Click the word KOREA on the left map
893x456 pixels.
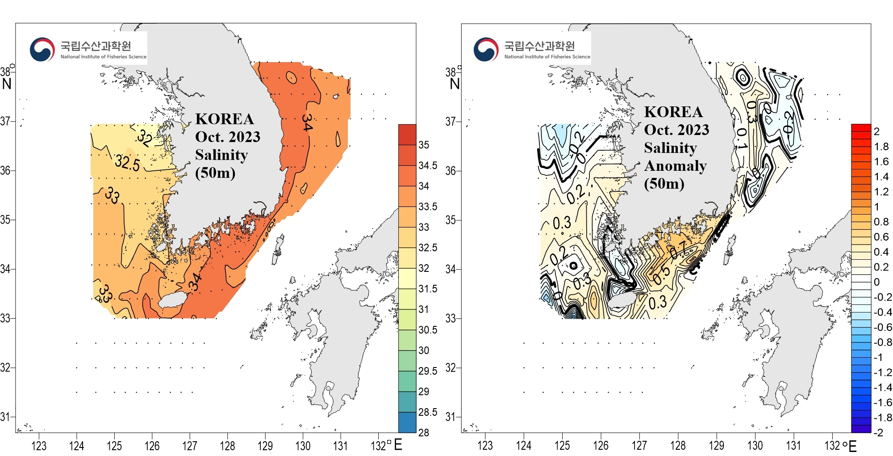pos(224,119)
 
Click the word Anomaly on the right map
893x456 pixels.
pos(675,166)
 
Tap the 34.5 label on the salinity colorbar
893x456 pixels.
pos(428,165)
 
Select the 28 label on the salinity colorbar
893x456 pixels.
pos(423,432)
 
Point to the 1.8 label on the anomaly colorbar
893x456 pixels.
pos(881,147)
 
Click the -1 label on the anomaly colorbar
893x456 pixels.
pos(878,357)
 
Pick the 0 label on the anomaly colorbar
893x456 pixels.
pos(876,282)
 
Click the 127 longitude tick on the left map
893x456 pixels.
pos(190,446)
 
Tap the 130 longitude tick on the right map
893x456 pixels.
pos(755,446)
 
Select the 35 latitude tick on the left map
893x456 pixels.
pos(5,220)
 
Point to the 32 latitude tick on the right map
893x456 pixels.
pos(451,367)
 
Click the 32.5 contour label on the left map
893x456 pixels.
pos(127,162)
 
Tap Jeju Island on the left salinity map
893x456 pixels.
pos(171,300)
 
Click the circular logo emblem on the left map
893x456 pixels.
pos(42,49)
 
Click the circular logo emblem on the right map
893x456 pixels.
pos(486,49)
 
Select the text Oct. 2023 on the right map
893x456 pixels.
pos(676,130)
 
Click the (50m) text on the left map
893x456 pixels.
pos(215,173)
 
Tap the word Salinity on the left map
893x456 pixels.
pos(221,155)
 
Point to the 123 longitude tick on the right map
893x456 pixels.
pos(485,446)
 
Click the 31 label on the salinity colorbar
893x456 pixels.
pos(423,309)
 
